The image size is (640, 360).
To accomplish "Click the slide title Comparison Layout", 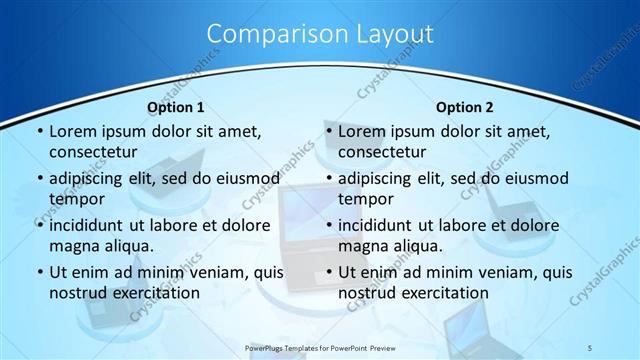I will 320,34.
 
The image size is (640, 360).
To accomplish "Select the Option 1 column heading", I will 176,107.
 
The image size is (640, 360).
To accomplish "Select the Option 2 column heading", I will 465,107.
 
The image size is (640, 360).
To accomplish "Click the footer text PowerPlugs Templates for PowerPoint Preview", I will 320,346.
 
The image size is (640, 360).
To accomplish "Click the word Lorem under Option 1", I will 73,131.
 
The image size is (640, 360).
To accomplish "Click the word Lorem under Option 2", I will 362,131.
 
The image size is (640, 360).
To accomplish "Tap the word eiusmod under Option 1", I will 246,178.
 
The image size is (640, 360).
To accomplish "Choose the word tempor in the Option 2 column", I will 367,198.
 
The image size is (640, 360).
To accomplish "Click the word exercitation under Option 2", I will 441,293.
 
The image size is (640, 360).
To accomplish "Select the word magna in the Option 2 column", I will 362,245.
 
